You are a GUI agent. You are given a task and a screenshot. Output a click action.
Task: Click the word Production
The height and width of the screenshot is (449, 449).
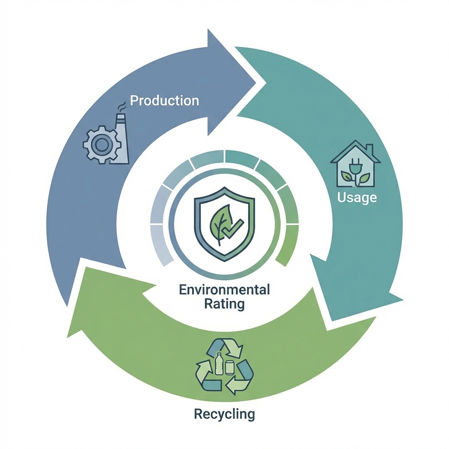[x=164, y=100]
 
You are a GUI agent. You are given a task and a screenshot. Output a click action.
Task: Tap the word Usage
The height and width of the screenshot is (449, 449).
[x=357, y=197]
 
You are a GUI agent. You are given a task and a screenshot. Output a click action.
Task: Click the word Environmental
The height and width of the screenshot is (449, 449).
[x=224, y=290]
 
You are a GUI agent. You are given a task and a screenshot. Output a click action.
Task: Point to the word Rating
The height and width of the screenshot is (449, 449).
[x=224, y=304]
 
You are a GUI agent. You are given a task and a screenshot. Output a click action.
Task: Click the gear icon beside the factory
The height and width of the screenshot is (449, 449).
[x=101, y=144]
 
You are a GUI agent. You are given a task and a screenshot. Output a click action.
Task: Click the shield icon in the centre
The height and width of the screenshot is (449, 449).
[x=224, y=224]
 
